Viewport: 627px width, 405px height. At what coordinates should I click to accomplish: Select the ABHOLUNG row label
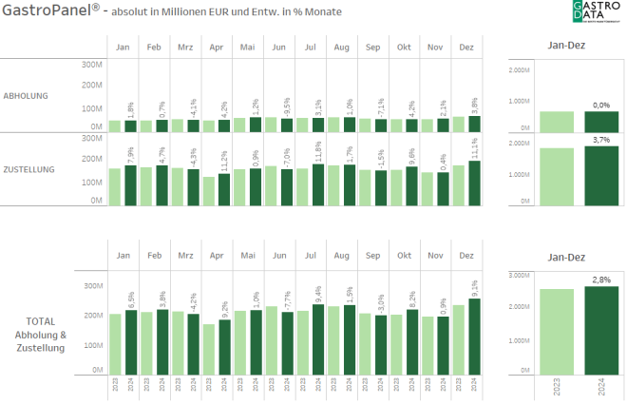[x=26, y=95]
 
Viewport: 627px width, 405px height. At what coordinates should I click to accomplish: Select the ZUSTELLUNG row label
[x=29, y=169]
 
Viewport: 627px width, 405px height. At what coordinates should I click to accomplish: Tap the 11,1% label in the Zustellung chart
[x=473, y=148]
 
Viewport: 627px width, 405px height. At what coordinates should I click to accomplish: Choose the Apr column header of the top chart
[x=217, y=48]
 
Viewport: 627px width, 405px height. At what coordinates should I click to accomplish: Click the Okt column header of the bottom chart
[x=404, y=256]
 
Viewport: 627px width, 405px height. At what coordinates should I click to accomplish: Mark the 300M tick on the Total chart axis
[x=92, y=285]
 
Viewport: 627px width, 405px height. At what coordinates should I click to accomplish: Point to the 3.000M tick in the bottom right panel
[x=519, y=275]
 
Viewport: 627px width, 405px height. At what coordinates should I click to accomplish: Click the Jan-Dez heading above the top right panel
[x=565, y=45]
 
